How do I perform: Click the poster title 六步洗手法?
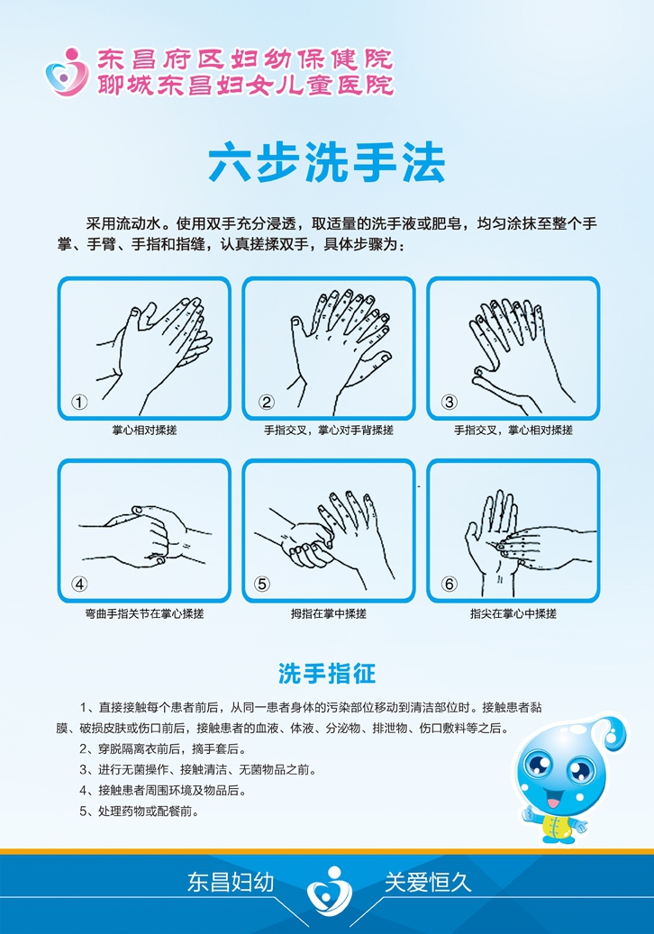[x=327, y=163]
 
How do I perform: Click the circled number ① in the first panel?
[x=80, y=403]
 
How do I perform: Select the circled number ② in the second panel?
[x=266, y=403]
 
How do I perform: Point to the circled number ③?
[x=450, y=403]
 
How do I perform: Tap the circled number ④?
[x=80, y=584]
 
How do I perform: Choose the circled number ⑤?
[x=263, y=584]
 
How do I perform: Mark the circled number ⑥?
[x=450, y=584]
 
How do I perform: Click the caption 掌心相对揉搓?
[x=144, y=431]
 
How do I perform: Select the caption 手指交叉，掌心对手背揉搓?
[x=328, y=431]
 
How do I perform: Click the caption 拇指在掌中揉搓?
[x=328, y=613]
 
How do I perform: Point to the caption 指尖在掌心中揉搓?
[x=513, y=613]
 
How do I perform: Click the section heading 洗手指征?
[x=326, y=673]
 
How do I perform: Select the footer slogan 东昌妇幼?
[x=231, y=882]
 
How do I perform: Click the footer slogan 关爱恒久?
[x=428, y=882]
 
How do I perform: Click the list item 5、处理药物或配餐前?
[x=139, y=811]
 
